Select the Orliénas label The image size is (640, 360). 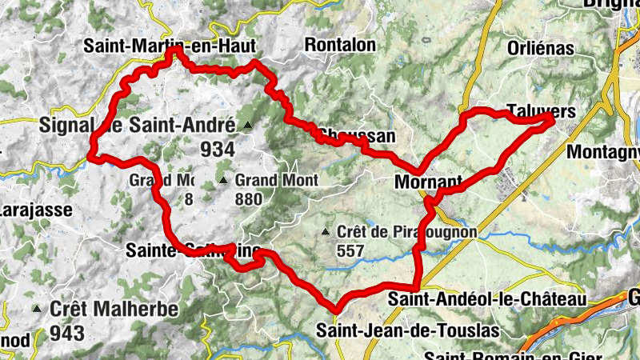coord(541,48)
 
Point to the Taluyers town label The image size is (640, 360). coord(542,113)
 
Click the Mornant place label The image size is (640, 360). coord(429,182)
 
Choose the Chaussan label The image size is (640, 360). coord(357,136)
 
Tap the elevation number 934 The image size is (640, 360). coord(218,150)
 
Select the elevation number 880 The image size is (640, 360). coord(248,199)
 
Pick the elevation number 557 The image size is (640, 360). coord(350,251)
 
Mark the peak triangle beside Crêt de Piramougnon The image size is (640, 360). coord(325,233)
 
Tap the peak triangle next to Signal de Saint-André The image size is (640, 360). coord(248,126)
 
